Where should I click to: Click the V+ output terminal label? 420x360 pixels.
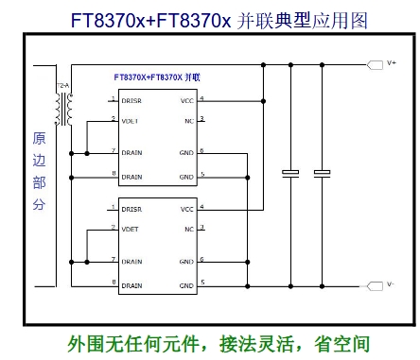coord(391,64)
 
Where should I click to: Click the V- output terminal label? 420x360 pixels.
coord(391,283)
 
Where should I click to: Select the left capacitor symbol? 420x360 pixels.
coord(290,173)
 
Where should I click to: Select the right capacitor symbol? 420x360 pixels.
coord(323,173)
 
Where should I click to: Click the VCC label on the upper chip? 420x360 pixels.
coord(186,99)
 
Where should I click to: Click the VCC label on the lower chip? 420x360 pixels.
coord(186,210)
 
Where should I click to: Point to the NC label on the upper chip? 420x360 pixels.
coord(189,120)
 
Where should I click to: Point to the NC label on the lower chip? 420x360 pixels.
coord(189,229)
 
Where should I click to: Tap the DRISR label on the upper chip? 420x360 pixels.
coord(131,99)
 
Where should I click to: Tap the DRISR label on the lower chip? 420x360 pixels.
coord(131,209)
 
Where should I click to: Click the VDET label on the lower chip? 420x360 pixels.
coord(130,229)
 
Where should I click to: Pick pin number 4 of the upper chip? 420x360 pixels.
coord(201,97)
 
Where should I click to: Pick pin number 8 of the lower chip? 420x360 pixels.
coord(114,283)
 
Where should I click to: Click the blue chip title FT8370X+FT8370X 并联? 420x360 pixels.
coord(156,76)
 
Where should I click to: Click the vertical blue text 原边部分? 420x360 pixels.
coord(39,171)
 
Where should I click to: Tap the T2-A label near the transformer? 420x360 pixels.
coord(63,86)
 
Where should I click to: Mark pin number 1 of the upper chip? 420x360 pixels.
coord(114,97)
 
